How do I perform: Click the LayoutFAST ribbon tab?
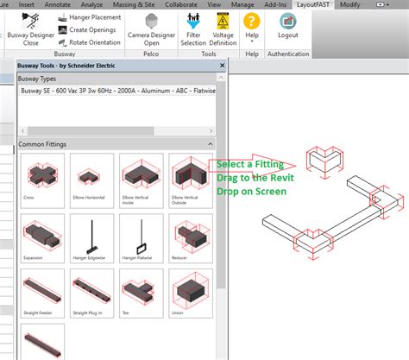point(312,4)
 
